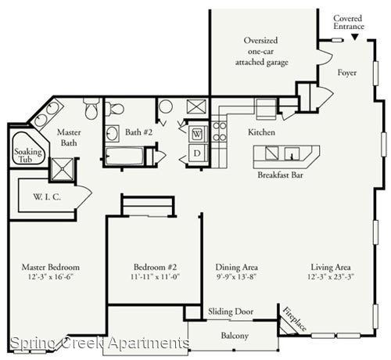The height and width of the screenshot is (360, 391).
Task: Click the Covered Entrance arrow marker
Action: [354, 37]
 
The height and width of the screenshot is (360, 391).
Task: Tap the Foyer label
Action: [347, 73]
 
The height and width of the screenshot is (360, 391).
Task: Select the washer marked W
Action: [197, 134]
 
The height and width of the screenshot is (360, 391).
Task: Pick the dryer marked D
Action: [197, 153]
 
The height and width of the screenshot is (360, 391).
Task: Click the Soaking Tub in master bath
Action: [28, 149]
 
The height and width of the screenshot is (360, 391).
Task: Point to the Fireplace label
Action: [295, 319]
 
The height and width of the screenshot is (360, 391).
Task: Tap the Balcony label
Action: [235, 336]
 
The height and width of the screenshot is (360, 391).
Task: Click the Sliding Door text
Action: [231, 311]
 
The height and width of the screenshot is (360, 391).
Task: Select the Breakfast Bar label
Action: [280, 175]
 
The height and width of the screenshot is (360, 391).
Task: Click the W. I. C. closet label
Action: [47, 197]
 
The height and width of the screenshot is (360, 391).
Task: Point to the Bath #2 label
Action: [138, 132]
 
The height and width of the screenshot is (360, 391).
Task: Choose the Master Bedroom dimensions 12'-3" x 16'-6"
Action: [51, 276]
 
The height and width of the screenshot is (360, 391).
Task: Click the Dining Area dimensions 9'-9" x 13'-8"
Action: [236, 276]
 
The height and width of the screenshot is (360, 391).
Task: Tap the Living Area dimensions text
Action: [331, 276]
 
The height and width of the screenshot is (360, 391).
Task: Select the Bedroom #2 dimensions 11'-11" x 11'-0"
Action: [156, 276]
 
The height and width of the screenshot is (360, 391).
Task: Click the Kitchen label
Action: [261, 132]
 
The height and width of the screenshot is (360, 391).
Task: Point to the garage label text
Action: [261, 52]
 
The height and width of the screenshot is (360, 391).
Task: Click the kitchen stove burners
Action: [220, 131]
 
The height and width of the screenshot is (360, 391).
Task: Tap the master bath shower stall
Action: [63, 170]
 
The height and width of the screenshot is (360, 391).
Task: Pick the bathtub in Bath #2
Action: [125, 156]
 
